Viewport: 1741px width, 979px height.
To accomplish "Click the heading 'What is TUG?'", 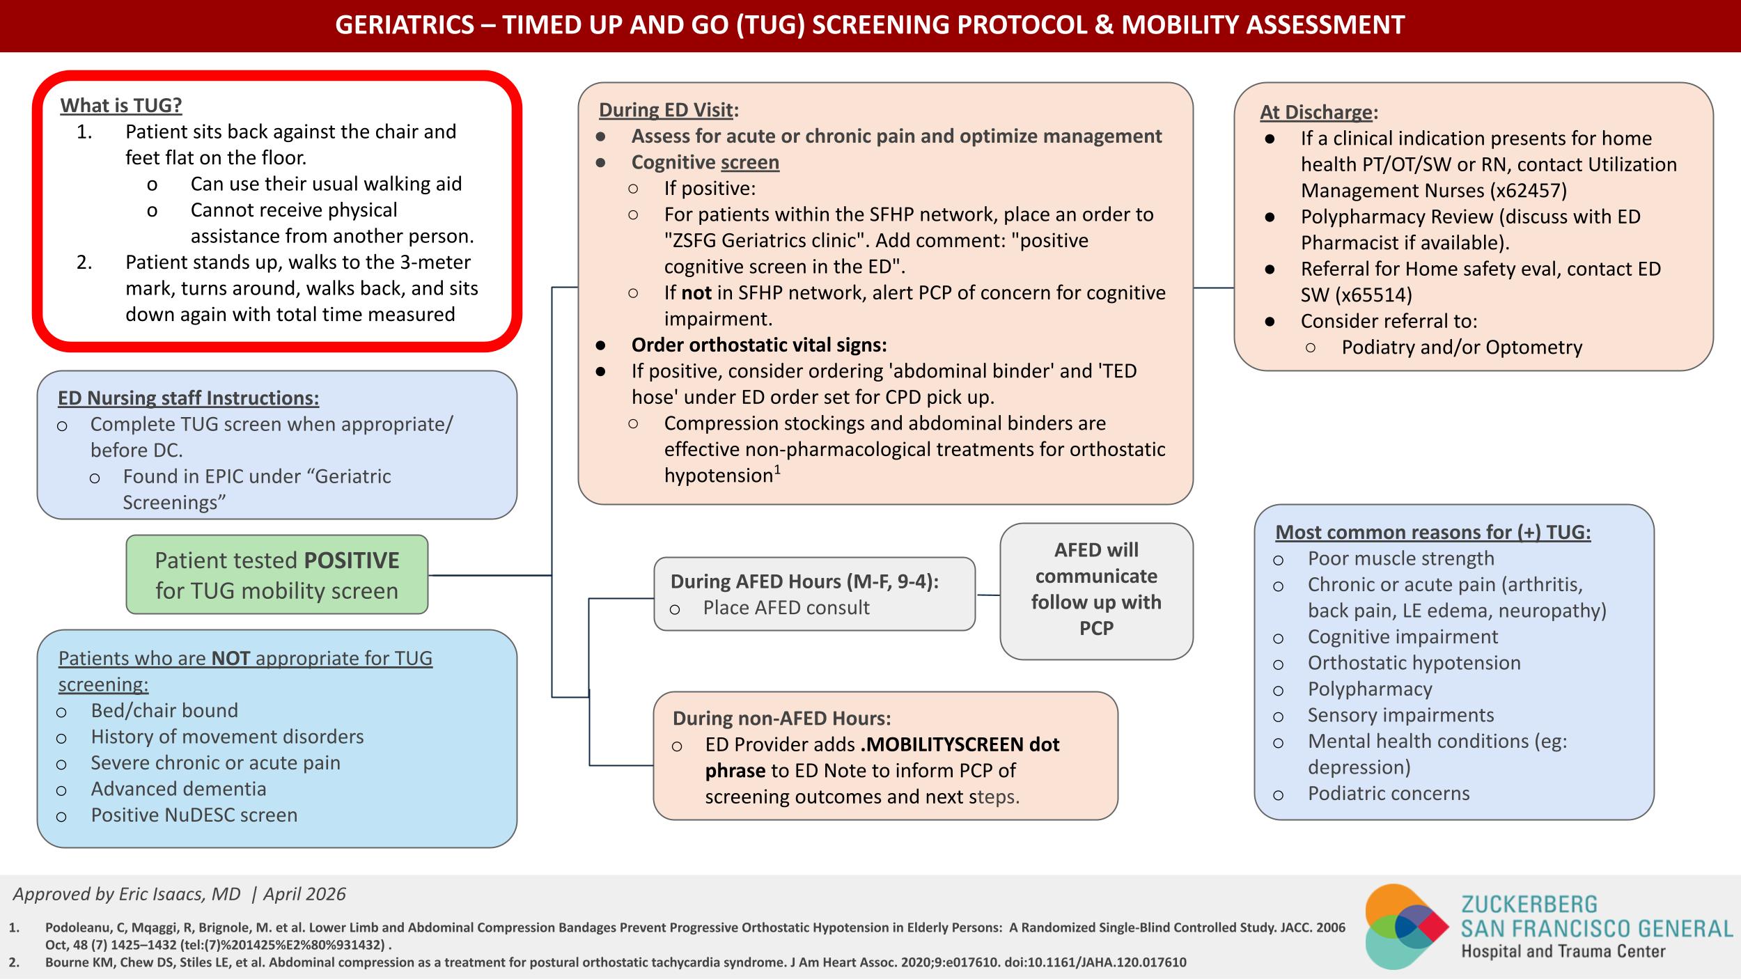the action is point(121,105).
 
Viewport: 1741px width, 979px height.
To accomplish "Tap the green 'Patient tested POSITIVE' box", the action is point(277,574).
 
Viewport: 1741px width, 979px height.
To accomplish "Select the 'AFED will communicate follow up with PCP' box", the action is point(1096,591).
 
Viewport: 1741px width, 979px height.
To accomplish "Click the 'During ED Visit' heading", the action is point(666,110).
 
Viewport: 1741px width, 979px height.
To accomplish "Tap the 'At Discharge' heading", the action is point(1316,112).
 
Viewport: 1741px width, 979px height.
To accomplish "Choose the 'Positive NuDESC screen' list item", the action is point(194,815).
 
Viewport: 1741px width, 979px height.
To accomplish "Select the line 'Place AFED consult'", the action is point(786,607).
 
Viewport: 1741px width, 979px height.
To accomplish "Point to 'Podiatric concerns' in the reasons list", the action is point(1389,793).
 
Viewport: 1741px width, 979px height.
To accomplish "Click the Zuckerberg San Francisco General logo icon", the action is point(1407,927).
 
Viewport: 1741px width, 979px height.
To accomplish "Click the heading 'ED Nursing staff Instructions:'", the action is point(188,398).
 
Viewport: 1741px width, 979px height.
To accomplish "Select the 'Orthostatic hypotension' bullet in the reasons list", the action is point(1414,662).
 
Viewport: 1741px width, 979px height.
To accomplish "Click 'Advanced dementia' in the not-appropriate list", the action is point(178,788).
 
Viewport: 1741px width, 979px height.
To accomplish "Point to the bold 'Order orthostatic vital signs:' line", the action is point(759,345).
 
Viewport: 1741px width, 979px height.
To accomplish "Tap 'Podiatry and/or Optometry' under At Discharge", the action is point(1462,347).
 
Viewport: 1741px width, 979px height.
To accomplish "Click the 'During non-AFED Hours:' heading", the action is point(781,718).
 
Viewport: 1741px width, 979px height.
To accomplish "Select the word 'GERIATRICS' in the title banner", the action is point(405,25).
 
